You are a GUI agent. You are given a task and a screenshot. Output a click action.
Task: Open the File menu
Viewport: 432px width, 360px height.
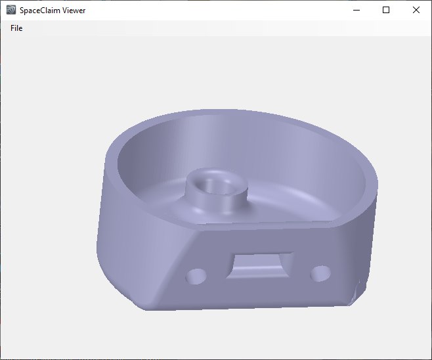coord(16,28)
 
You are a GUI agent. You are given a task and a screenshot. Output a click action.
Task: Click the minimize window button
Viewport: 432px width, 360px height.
coord(357,10)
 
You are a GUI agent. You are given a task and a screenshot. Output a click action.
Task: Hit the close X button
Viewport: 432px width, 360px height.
coord(416,10)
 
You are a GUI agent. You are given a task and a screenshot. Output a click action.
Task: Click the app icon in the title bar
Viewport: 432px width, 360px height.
coord(11,11)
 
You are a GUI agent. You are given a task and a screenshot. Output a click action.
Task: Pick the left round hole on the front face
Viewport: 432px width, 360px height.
coord(196,276)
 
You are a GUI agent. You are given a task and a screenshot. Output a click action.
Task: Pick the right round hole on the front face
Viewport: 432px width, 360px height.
coord(320,271)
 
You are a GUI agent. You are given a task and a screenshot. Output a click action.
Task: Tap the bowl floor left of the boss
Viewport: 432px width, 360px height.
coord(158,191)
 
